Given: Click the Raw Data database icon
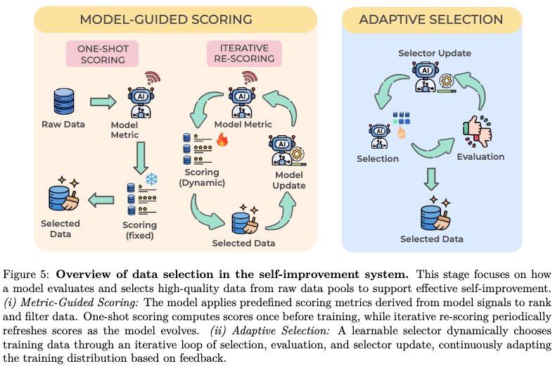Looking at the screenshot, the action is tap(64, 101).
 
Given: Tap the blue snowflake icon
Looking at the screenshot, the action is tap(151, 179).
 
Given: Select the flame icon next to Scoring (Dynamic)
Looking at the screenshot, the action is tap(222, 139).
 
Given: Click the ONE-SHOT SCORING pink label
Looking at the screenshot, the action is tap(102, 54).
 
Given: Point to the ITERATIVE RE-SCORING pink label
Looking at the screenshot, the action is tap(244, 53).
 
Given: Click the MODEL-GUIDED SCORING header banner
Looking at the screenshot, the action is tap(175, 20).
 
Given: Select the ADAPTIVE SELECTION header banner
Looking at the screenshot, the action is tap(432, 20).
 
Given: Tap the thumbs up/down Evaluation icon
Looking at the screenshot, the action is tap(478, 131).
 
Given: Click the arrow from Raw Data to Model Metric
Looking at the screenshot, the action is tap(103, 102).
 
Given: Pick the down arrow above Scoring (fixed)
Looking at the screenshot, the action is tap(141, 158).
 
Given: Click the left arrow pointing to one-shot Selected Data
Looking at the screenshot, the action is tap(101, 200).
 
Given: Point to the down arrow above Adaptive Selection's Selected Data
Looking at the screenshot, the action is tap(431, 179).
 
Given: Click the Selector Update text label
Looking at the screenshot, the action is tap(435, 53).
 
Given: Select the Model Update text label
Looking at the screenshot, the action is tap(289, 180).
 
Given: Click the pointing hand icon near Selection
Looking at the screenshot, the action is tap(402, 132).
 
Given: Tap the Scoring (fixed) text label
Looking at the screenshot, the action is tap(140, 230).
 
